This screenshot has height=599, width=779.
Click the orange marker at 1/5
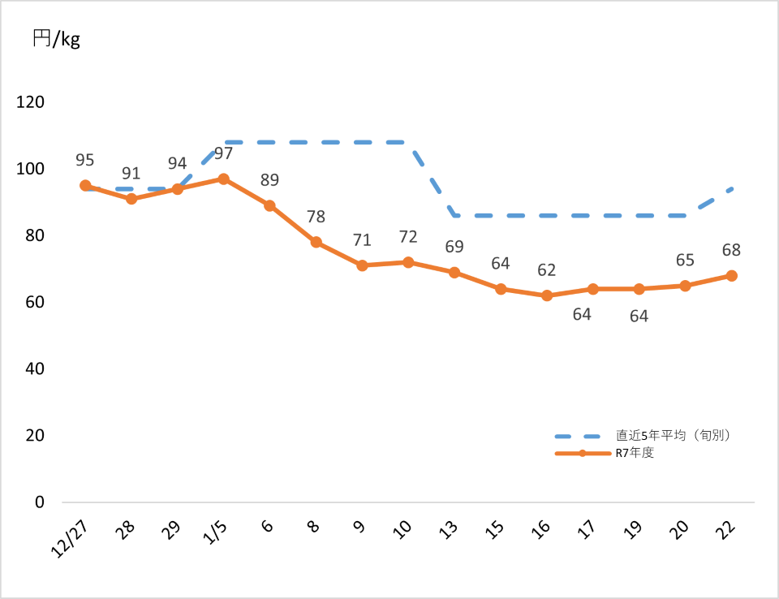point(223,179)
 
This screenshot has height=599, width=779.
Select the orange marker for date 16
point(547,295)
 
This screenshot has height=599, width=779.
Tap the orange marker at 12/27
point(85,185)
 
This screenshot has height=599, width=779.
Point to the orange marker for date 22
point(731,276)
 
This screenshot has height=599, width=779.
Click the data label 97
point(223,153)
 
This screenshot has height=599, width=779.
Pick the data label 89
point(269,180)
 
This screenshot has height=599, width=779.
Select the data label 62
point(547,270)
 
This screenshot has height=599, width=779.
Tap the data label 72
point(408,237)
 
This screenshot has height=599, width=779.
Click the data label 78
point(316,217)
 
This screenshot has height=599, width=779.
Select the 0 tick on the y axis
point(38,502)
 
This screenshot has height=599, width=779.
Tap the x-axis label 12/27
point(71,537)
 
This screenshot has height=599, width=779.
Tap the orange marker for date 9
point(362,265)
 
